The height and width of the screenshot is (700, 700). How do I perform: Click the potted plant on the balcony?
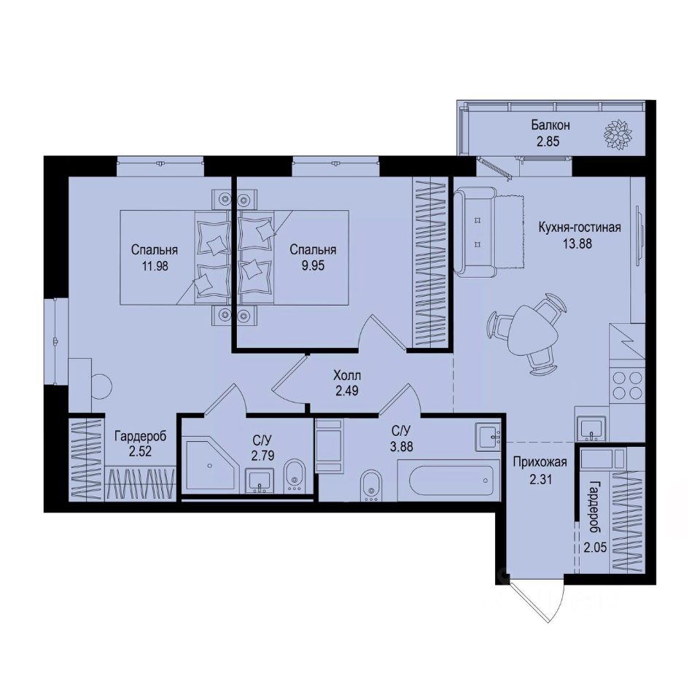coord(618,133)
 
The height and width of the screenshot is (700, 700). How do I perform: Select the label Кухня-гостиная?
coord(580,227)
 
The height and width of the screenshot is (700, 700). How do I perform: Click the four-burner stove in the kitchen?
coord(627,384)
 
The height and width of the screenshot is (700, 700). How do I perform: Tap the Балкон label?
coord(550,125)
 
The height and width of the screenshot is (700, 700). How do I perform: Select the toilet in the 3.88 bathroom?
coord(371,484)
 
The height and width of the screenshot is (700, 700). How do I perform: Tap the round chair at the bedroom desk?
coord(101,384)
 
